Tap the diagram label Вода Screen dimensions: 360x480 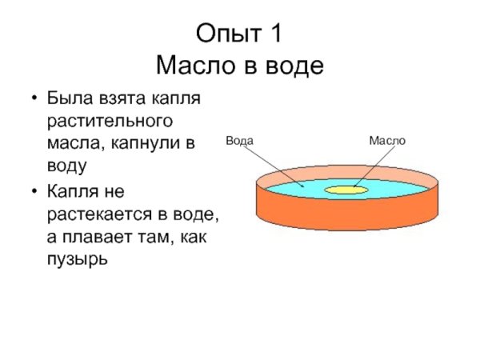click(240, 141)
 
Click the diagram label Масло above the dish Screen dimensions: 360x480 click(387, 141)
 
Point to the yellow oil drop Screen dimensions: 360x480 click(346, 190)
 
